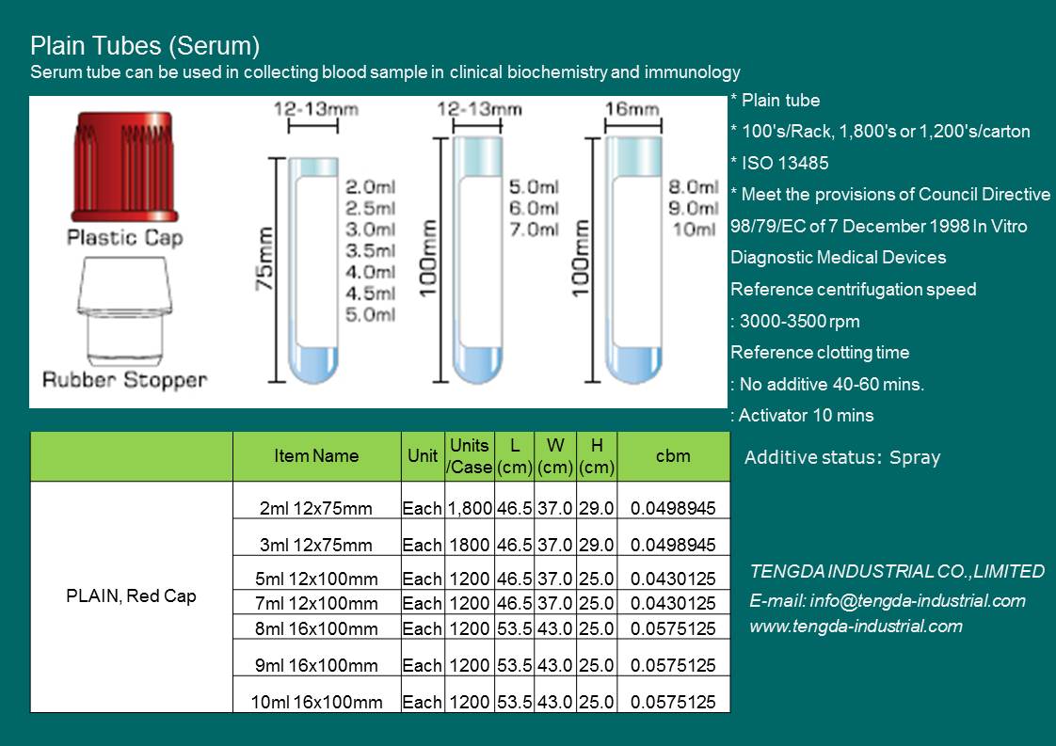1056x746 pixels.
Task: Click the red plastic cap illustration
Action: click(124, 167)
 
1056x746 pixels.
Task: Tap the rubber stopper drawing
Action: click(124, 311)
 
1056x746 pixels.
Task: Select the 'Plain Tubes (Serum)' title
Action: click(145, 46)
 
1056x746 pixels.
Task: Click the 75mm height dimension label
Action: click(264, 260)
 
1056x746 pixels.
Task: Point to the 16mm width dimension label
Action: click(632, 108)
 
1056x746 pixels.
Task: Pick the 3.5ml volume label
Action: click(371, 250)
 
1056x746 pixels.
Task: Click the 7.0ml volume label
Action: click(534, 230)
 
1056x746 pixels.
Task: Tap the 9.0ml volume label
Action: click(694, 208)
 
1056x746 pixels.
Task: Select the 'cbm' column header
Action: click(673, 456)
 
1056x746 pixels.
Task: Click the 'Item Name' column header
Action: click(316, 456)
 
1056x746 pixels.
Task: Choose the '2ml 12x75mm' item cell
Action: click(316, 508)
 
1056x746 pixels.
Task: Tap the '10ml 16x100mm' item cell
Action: click(316, 702)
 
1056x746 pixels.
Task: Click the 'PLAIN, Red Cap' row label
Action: click(132, 595)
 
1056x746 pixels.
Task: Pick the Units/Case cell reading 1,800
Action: click(470, 508)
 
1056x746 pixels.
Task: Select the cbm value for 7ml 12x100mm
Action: click(673, 603)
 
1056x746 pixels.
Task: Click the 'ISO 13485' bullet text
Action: click(780, 163)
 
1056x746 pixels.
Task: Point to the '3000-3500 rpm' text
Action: click(795, 321)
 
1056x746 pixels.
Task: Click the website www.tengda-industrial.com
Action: click(856, 627)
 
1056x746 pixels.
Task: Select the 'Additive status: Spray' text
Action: click(841, 457)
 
